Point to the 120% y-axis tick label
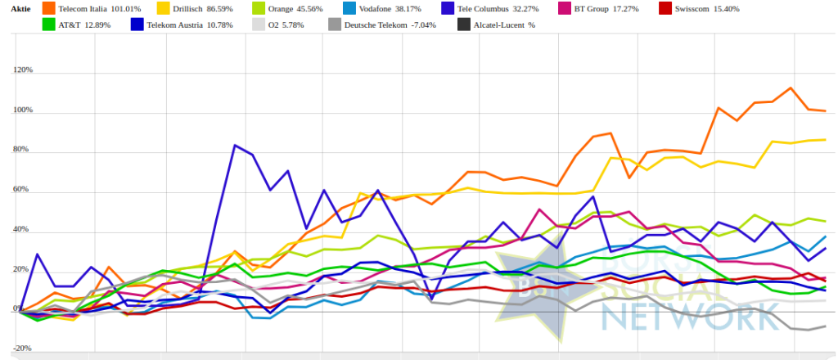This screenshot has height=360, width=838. [x=23, y=70]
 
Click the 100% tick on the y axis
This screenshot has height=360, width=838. [x=23, y=110]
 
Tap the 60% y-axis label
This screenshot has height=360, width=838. [x=23, y=190]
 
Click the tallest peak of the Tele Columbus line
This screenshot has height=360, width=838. [x=235, y=146]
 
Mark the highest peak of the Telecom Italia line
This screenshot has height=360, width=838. [x=791, y=88]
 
